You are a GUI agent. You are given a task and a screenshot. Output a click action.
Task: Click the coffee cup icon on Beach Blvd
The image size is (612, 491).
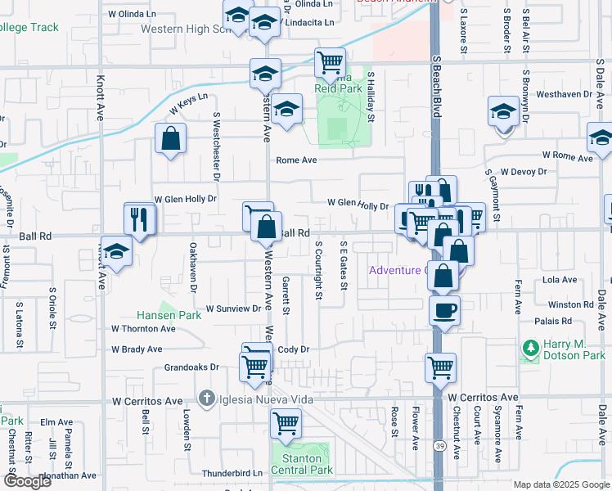coord(445,310)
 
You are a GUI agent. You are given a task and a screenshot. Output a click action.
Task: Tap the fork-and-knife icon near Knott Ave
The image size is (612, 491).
coord(139,218)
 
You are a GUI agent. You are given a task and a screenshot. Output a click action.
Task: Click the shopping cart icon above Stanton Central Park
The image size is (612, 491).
coord(286,423)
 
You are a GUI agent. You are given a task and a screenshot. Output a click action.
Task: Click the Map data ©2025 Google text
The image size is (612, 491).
coord(561,484)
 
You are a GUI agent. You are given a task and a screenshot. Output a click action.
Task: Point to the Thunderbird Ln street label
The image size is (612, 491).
coord(232,473)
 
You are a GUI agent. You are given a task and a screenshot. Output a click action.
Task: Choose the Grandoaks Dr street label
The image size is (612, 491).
coord(192,367)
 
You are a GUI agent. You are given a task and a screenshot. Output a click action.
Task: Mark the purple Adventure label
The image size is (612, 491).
coord(396,270)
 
